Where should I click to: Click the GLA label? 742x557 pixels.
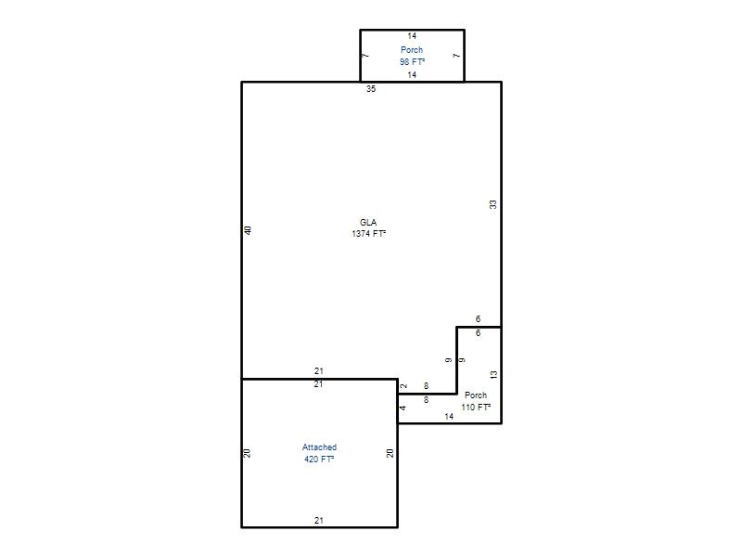click(x=368, y=222)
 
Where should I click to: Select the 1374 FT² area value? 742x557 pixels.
click(x=368, y=234)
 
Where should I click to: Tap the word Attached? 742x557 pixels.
click(x=319, y=447)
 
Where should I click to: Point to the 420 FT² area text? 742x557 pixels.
click(x=319, y=459)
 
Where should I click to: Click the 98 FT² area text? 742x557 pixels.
click(x=412, y=61)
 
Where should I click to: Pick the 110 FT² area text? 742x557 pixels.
click(x=476, y=407)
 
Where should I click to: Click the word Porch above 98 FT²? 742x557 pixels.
click(x=412, y=50)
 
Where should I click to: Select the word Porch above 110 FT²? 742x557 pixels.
click(x=476, y=395)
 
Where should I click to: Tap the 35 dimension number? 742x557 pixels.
click(x=371, y=88)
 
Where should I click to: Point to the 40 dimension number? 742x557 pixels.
click(x=248, y=230)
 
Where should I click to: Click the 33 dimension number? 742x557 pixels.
click(x=493, y=204)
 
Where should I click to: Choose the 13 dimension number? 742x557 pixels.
click(x=493, y=375)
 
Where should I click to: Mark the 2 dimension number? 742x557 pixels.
click(x=403, y=386)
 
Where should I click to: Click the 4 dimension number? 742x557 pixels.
click(x=403, y=408)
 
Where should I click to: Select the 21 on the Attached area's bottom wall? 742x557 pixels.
click(x=319, y=521)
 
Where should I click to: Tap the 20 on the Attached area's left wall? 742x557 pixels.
click(x=247, y=453)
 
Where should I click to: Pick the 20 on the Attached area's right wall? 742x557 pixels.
click(x=390, y=453)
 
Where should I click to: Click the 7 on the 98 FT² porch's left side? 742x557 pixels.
click(x=365, y=56)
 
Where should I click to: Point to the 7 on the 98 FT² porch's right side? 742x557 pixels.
click(x=456, y=56)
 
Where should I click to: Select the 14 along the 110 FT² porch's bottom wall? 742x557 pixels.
click(x=449, y=416)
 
